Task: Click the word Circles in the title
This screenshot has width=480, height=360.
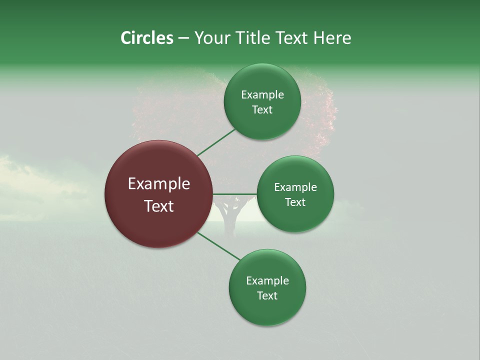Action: [147, 38]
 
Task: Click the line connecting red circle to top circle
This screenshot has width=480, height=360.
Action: [216, 142]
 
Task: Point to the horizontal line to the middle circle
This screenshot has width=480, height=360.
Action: [235, 194]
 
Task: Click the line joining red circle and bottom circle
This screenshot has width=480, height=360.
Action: [219, 246]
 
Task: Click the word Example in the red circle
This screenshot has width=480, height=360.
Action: [159, 184]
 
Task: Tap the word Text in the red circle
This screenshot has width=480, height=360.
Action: [159, 206]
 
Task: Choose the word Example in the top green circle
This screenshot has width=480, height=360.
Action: [262, 95]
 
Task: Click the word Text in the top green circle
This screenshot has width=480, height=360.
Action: [262, 110]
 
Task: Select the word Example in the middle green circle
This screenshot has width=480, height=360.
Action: [295, 187]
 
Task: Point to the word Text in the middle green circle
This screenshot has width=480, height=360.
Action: [295, 202]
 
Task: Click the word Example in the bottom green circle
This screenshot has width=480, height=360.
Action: [267, 281]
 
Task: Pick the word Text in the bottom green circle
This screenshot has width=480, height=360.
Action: [267, 296]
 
